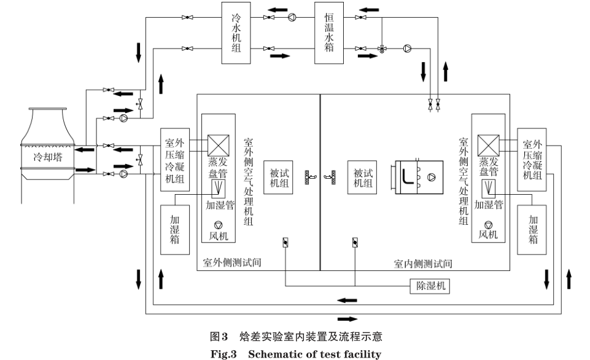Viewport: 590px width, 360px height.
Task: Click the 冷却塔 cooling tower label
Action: (x=48, y=156)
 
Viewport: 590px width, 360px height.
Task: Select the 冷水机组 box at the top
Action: (x=236, y=33)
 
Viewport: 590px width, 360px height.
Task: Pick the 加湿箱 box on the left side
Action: (x=175, y=229)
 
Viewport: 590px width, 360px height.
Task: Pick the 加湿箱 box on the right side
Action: (x=533, y=229)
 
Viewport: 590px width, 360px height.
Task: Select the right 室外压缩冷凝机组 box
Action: (x=532, y=162)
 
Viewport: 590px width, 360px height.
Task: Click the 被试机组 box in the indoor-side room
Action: (x=362, y=178)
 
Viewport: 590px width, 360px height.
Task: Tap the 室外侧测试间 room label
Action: (x=233, y=263)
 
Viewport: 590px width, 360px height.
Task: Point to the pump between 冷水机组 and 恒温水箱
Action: (x=292, y=17)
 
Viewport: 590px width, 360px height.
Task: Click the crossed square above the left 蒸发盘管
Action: (x=218, y=145)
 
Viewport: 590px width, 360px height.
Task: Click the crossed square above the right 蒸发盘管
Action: (x=488, y=145)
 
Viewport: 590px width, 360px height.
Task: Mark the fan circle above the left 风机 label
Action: (x=218, y=225)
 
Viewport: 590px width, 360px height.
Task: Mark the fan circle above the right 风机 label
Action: (x=488, y=225)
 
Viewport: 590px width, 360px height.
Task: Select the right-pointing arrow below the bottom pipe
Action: (x=347, y=319)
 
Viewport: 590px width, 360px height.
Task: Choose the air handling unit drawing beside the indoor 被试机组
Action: (x=416, y=178)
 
